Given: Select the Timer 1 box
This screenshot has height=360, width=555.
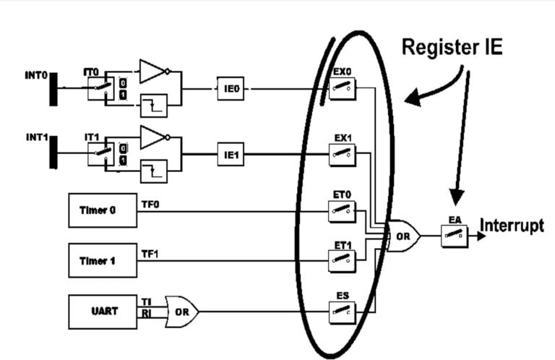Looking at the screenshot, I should point(100,260).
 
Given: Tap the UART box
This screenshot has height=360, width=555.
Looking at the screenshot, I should point(100,312).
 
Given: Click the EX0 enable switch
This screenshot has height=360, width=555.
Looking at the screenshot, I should point(342,89).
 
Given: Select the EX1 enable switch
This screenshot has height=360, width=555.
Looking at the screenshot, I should point(342,153).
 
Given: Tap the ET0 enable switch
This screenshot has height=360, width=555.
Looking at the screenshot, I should point(342,212).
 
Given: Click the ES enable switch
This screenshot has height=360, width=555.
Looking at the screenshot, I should point(342,312).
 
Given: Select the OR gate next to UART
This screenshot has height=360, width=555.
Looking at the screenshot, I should point(181,312).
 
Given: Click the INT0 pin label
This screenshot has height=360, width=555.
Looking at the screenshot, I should point(35,74).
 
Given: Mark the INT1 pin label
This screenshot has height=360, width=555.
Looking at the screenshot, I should point(35,137).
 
